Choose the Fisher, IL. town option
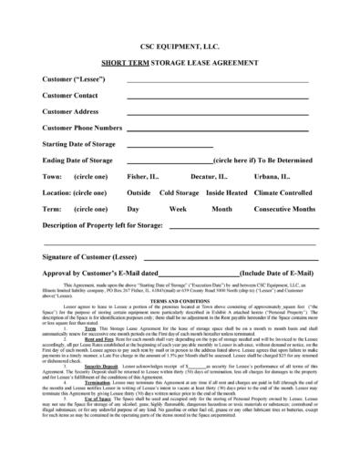(146, 176)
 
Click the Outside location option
(139, 192)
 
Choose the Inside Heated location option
(231, 192)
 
